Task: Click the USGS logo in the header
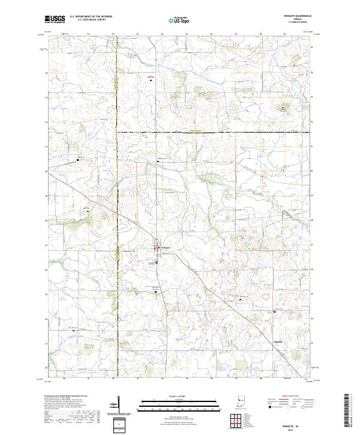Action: pyautogui.click(x=55, y=19)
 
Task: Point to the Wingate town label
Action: pyautogui.click(x=165, y=248)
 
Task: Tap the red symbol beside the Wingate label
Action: pyautogui.click(x=158, y=248)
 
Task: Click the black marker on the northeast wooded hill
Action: pyautogui.click(x=281, y=108)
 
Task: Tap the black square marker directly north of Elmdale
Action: pyautogui.click(x=275, y=311)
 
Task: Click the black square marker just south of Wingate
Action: pyautogui.click(x=158, y=287)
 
